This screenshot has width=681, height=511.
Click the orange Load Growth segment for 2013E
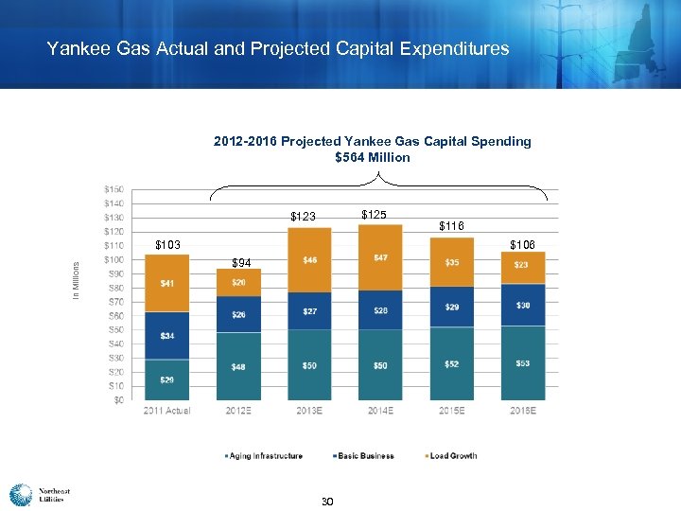pos(309,260)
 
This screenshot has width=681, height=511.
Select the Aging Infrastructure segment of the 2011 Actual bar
pos(166,379)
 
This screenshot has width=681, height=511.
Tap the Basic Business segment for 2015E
pos(452,308)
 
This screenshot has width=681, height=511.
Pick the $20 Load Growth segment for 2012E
pos(238,282)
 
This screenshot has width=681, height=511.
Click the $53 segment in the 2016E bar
pos(523,362)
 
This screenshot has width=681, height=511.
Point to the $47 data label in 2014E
pos(380,257)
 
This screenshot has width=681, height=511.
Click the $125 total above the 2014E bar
pos(374,215)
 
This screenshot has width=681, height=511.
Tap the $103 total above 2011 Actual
pos(167,246)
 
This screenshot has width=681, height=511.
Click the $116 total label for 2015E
pos(452,226)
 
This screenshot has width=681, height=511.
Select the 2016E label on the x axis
pos(523,410)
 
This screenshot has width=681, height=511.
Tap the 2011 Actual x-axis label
pos(166,410)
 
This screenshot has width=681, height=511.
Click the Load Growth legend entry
pos(453,456)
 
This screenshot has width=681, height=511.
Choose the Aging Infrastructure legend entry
pos(264,456)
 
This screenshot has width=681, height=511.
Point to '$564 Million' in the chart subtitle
pos(373,157)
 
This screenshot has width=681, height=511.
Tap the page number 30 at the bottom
pos(327,501)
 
